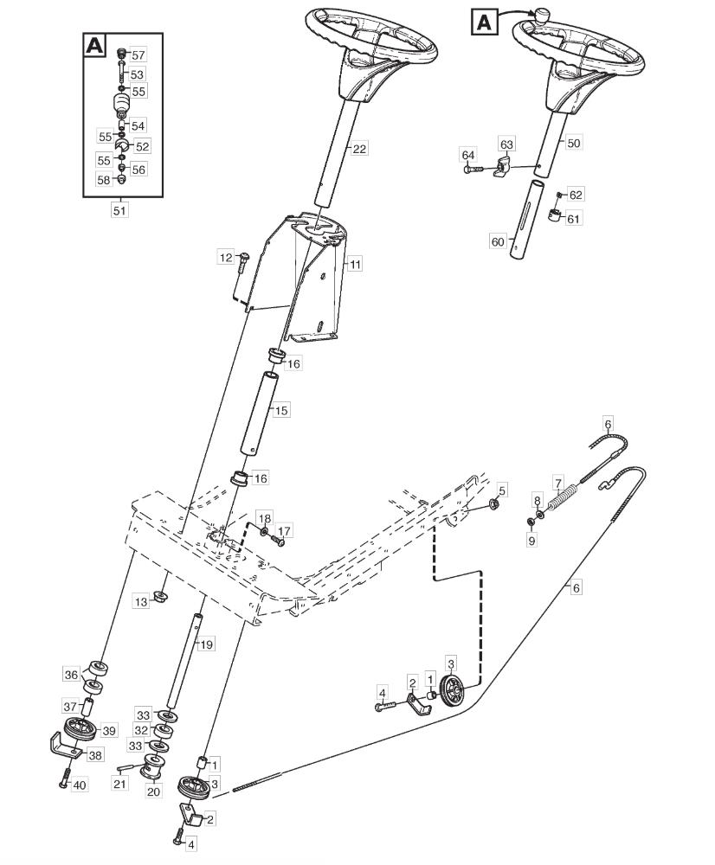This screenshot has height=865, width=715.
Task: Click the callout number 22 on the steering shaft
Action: pos(359,149)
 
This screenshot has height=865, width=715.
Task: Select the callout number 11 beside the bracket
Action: pos(355,264)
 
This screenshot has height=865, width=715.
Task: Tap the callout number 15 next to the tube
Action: pos(281,410)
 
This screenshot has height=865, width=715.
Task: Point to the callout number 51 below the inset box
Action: pos(119,211)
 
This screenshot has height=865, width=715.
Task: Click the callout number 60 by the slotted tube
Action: pos(498,241)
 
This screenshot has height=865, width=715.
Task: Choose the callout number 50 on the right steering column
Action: pos(574,143)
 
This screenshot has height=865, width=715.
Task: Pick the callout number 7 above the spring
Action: pos(558,484)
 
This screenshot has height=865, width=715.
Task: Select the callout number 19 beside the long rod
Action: pos(205,644)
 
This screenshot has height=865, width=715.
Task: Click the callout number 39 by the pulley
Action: pos(109,731)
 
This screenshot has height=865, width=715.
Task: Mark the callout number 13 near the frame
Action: pos(141,601)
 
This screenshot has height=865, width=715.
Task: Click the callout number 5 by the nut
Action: pos(502,490)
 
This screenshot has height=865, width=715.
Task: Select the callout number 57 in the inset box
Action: pos(138,55)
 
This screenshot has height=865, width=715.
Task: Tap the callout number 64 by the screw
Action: pos(468,155)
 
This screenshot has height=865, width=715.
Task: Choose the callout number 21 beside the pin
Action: pos(119,784)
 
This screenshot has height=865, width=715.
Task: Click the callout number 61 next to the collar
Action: pos(574,219)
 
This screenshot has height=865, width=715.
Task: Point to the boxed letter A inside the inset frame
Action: pos(94,45)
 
